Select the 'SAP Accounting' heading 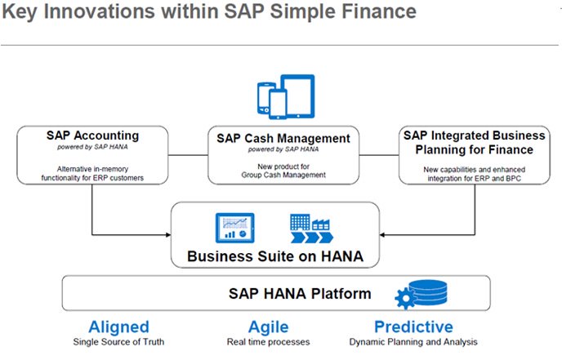tap(92, 135)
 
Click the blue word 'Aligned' tap(118, 327)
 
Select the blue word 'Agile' tap(269, 327)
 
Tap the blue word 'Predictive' tap(413, 327)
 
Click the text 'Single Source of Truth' tap(118, 342)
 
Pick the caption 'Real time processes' tap(269, 342)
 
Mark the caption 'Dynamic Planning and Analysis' tap(413, 342)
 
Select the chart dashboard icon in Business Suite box tap(234, 226)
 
